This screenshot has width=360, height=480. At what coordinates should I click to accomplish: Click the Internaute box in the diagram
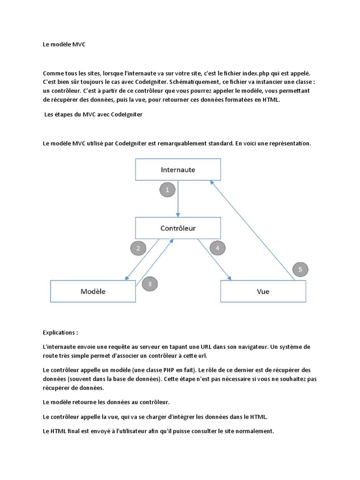(x=178, y=169)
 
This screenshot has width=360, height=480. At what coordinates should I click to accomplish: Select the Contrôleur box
(x=178, y=228)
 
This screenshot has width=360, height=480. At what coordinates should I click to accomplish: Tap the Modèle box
(x=93, y=291)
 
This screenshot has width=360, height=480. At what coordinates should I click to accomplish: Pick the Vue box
(x=263, y=291)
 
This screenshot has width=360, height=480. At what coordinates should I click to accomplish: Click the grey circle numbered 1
(x=167, y=190)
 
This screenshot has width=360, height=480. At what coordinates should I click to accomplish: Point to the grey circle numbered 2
(x=138, y=249)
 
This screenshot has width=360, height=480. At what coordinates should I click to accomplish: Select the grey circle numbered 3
(x=150, y=284)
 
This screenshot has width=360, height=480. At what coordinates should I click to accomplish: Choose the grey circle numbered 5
(x=300, y=270)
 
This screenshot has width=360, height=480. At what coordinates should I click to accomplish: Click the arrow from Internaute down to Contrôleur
(x=178, y=199)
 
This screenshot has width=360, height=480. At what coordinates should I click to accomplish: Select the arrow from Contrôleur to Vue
(x=215, y=259)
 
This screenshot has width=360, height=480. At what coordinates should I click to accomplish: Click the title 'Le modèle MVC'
(x=64, y=45)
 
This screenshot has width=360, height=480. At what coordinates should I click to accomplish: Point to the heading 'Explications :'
(x=60, y=332)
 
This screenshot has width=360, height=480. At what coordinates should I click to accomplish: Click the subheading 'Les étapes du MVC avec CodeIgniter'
(x=93, y=115)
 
